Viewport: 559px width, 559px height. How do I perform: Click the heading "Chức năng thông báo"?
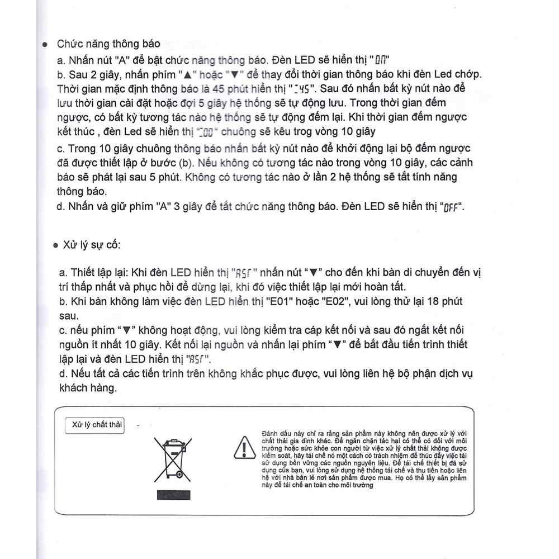[109, 44]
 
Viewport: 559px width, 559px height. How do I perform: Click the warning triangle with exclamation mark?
[244, 447]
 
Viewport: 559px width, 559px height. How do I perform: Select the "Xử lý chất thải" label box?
[94, 425]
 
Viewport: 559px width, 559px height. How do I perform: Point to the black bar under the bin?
[174, 495]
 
